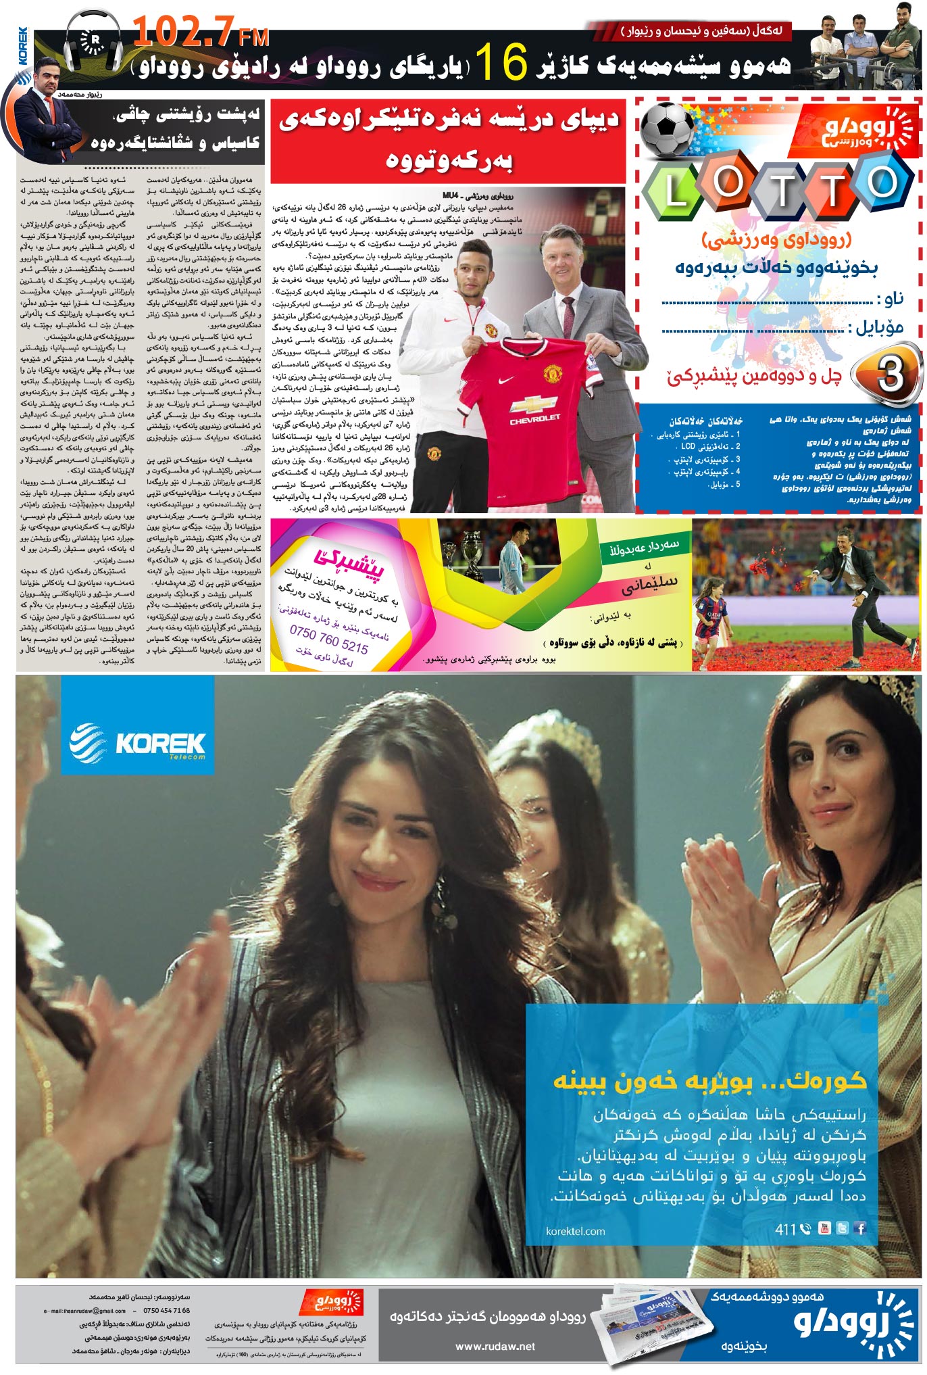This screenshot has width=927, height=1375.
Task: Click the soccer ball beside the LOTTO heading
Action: (x=666, y=130)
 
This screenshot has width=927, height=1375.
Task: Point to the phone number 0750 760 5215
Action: (x=328, y=640)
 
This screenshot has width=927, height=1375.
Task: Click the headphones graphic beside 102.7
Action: (x=94, y=42)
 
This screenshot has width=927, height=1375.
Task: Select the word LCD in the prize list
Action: (x=688, y=447)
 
